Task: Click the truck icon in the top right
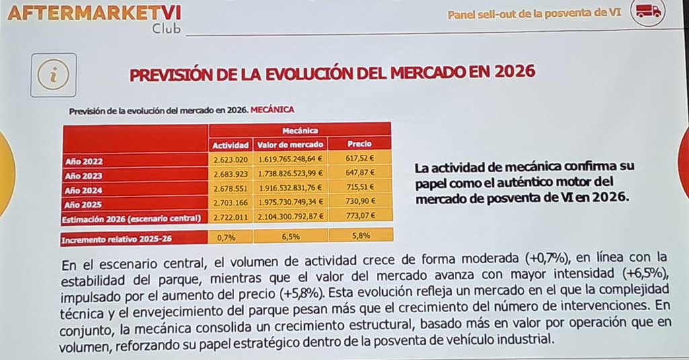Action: [648, 11]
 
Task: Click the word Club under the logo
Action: [166, 30]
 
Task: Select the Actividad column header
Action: [231, 145]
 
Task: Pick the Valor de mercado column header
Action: [291, 145]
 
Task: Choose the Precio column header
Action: [359, 144]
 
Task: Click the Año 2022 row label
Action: [84, 161]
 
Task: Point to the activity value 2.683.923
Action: [231, 175]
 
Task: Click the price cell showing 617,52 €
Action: [360, 160]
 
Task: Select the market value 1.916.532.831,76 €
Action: [291, 189]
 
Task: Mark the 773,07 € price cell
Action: [360, 216]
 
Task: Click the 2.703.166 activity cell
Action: [231, 203]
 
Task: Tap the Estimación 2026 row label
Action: [131, 218]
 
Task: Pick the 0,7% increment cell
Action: [225, 238]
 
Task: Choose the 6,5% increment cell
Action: [290, 238]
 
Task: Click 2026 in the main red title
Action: [514, 71]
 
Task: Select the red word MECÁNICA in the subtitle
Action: [272, 108]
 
